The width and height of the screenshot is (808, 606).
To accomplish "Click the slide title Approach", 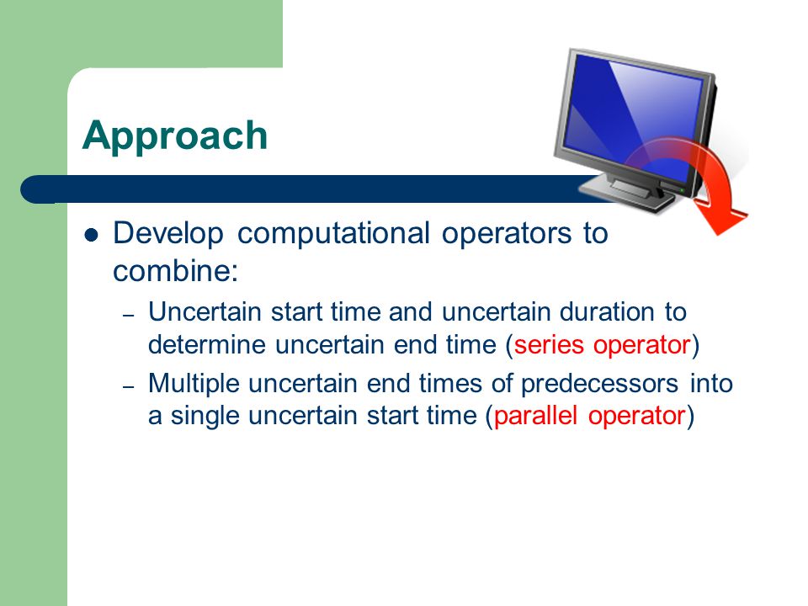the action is coord(175,136).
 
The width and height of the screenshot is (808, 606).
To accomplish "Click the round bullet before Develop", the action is coord(91,236).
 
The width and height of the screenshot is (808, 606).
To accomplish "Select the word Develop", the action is coord(168,233).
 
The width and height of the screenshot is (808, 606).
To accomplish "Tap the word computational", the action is coord(333,233).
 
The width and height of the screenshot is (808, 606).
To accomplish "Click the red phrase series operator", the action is coord(602,345).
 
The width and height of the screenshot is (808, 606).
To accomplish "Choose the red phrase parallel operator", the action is coord(589,416).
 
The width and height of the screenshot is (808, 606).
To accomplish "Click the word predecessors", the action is coord(599,384).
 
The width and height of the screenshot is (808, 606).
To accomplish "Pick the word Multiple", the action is coord(194,384).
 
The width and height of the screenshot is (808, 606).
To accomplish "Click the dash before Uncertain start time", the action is coord(128,314).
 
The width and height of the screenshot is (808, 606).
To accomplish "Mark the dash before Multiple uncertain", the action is coord(128,386).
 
